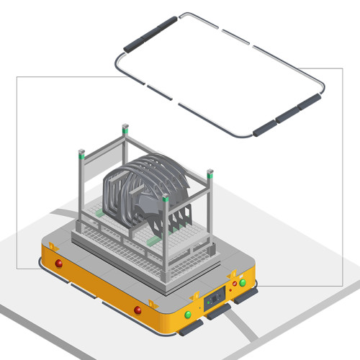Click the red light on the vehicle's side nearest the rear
59,264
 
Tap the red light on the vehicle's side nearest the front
138,310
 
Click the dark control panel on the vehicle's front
214,299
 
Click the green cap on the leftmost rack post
81,153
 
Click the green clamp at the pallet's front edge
154,241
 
